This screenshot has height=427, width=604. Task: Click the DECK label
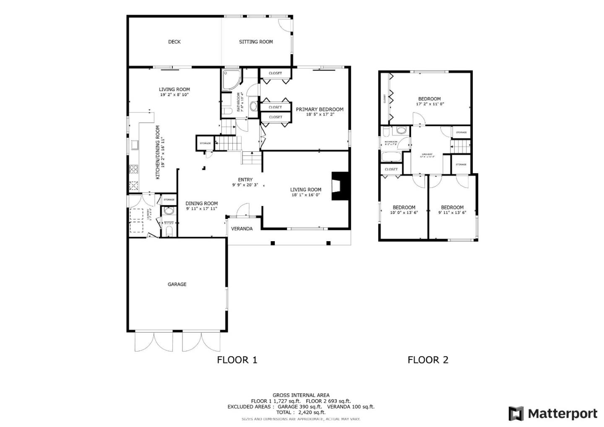coord(174,42)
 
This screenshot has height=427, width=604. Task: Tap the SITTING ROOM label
coord(256,42)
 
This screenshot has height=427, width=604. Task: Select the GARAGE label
coord(177,284)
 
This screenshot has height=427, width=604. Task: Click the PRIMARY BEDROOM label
coord(320,109)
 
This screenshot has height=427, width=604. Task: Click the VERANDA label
coord(242,229)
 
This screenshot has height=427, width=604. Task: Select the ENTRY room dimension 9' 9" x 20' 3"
coord(245,185)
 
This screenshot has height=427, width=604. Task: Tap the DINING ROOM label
coord(202,203)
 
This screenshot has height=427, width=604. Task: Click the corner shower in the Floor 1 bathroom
coord(231,80)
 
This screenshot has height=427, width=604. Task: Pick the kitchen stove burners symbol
coord(134,169)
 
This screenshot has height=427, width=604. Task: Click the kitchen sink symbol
coord(135,145)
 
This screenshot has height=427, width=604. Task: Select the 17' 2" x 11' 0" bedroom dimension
coord(430,104)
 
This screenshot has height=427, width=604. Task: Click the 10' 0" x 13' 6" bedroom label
coord(404,207)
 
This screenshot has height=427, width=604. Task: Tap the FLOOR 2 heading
coord(428,359)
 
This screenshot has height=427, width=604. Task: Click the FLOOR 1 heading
coord(237,359)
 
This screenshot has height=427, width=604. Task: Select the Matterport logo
coord(553,414)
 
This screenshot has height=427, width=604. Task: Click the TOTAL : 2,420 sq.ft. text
coord(301,412)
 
